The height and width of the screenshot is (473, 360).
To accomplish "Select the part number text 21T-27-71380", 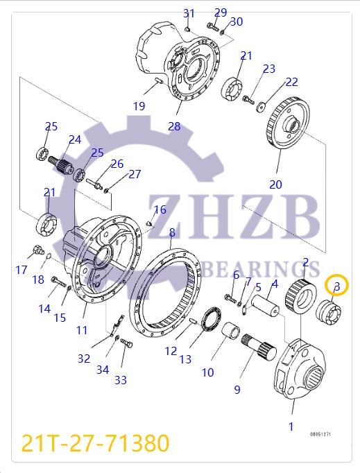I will tap(95, 442).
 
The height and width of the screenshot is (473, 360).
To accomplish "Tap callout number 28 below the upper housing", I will tap(173, 126).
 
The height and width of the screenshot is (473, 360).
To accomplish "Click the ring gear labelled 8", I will tap(171, 291).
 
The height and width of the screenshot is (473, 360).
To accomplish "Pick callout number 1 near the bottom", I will tap(291, 426).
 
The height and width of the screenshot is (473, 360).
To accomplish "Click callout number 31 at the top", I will tap(189, 13).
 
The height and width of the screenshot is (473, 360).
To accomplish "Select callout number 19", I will tap(139, 106).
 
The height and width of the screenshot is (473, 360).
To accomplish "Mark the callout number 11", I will tap(82, 330).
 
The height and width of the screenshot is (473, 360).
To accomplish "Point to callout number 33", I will tap(121, 380).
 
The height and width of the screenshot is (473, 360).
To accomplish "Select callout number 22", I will tap(291, 82).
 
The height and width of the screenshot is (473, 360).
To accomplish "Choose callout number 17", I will tap(22, 270).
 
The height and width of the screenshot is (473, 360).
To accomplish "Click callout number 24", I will tap(74, 139).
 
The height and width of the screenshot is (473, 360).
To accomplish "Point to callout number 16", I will tap(160, 209).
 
